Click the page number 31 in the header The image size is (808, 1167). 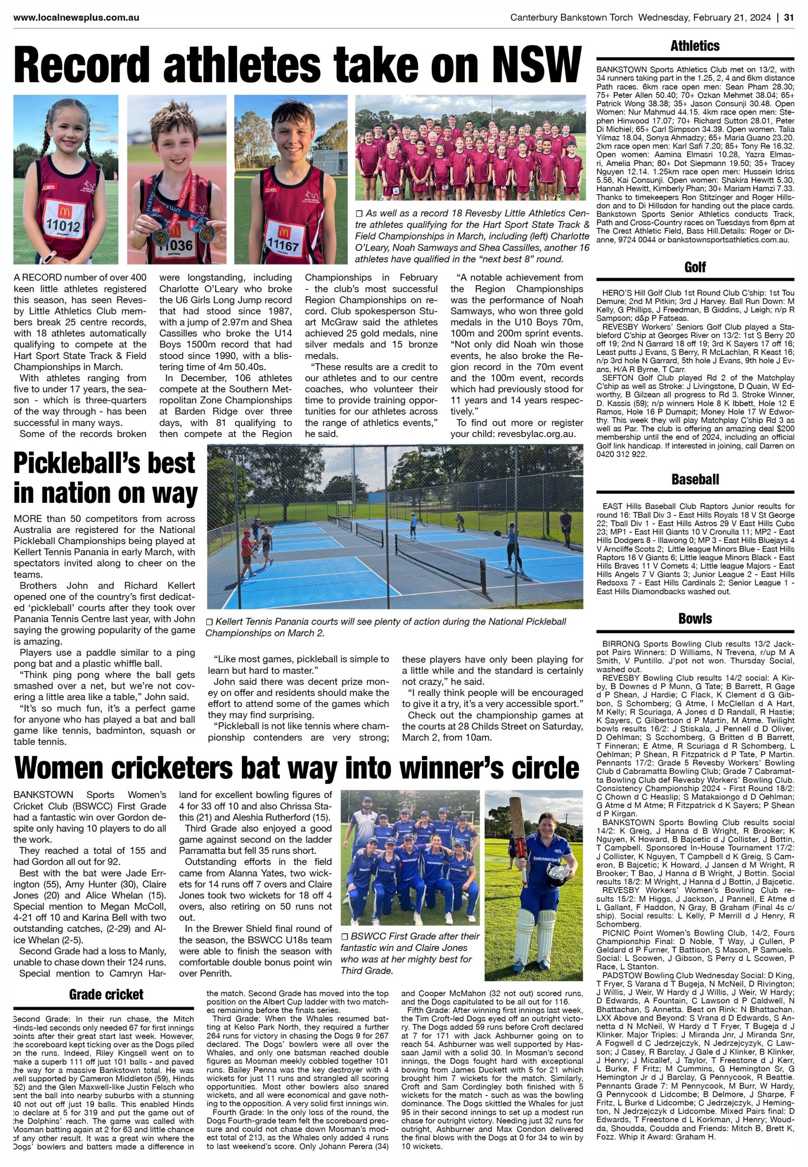tap(788, 18)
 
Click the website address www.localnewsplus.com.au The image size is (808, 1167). tap(77, 18)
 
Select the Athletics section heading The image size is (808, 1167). tap(695, 46)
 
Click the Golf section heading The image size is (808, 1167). tap(695, 267)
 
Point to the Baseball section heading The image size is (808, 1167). tap(695, 479)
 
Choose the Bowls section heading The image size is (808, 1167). tap(695, 618)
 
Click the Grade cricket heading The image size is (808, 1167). tap(106, 994)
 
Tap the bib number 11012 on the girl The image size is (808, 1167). tap(63, 224)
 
